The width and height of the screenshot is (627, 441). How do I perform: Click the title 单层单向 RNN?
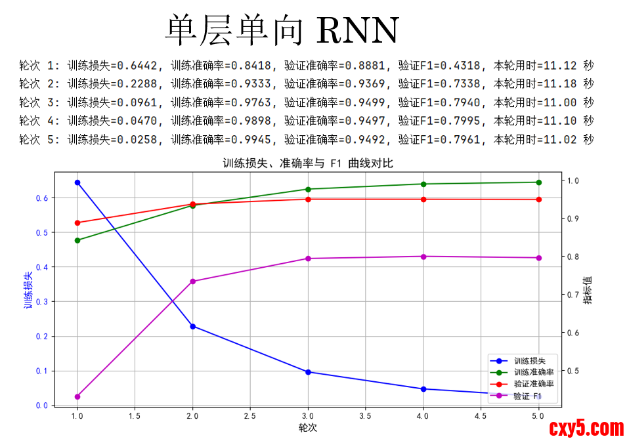point(282,30)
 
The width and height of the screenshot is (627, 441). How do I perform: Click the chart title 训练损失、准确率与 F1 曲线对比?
point(308,163)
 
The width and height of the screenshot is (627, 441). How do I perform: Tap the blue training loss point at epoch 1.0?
point(77,182)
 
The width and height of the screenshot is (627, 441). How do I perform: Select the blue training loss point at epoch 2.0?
point(193,326)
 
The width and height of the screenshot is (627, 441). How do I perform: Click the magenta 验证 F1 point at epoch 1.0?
point(77,396)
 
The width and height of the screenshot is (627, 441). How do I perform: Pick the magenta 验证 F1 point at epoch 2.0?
point(193,282)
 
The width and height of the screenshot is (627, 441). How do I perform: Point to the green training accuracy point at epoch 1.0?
point(77,240)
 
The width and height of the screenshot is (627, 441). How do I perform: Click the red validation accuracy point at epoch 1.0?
point(77,222)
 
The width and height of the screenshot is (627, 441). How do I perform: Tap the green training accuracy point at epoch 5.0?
point(539,182)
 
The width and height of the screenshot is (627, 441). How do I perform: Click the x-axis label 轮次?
point(308,427)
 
